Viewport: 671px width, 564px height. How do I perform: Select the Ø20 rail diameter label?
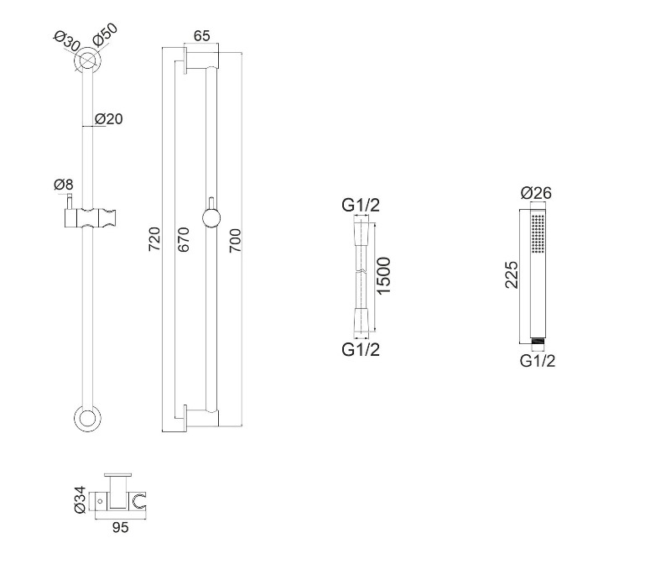coord(109,119)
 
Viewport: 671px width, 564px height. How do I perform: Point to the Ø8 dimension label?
coord(64,185)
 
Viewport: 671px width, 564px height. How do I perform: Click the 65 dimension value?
coord(201,35)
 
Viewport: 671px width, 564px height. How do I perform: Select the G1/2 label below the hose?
coord(361,349)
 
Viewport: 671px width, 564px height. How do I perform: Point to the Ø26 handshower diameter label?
coord(536,193)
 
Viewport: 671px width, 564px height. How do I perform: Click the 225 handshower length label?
coord(512,274)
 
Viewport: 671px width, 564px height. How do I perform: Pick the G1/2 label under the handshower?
coord(538,361)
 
